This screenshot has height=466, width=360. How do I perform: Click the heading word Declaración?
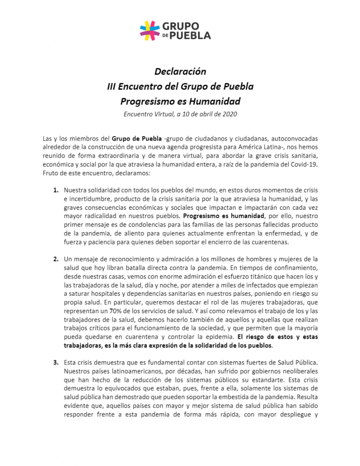pos(180,72)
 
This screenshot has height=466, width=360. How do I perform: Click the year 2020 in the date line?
pos(228,114)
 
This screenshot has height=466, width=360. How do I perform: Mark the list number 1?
pos(56,189)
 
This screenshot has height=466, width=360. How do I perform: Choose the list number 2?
pos(56,259)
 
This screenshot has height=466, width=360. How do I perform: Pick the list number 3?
pos(56,363)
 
